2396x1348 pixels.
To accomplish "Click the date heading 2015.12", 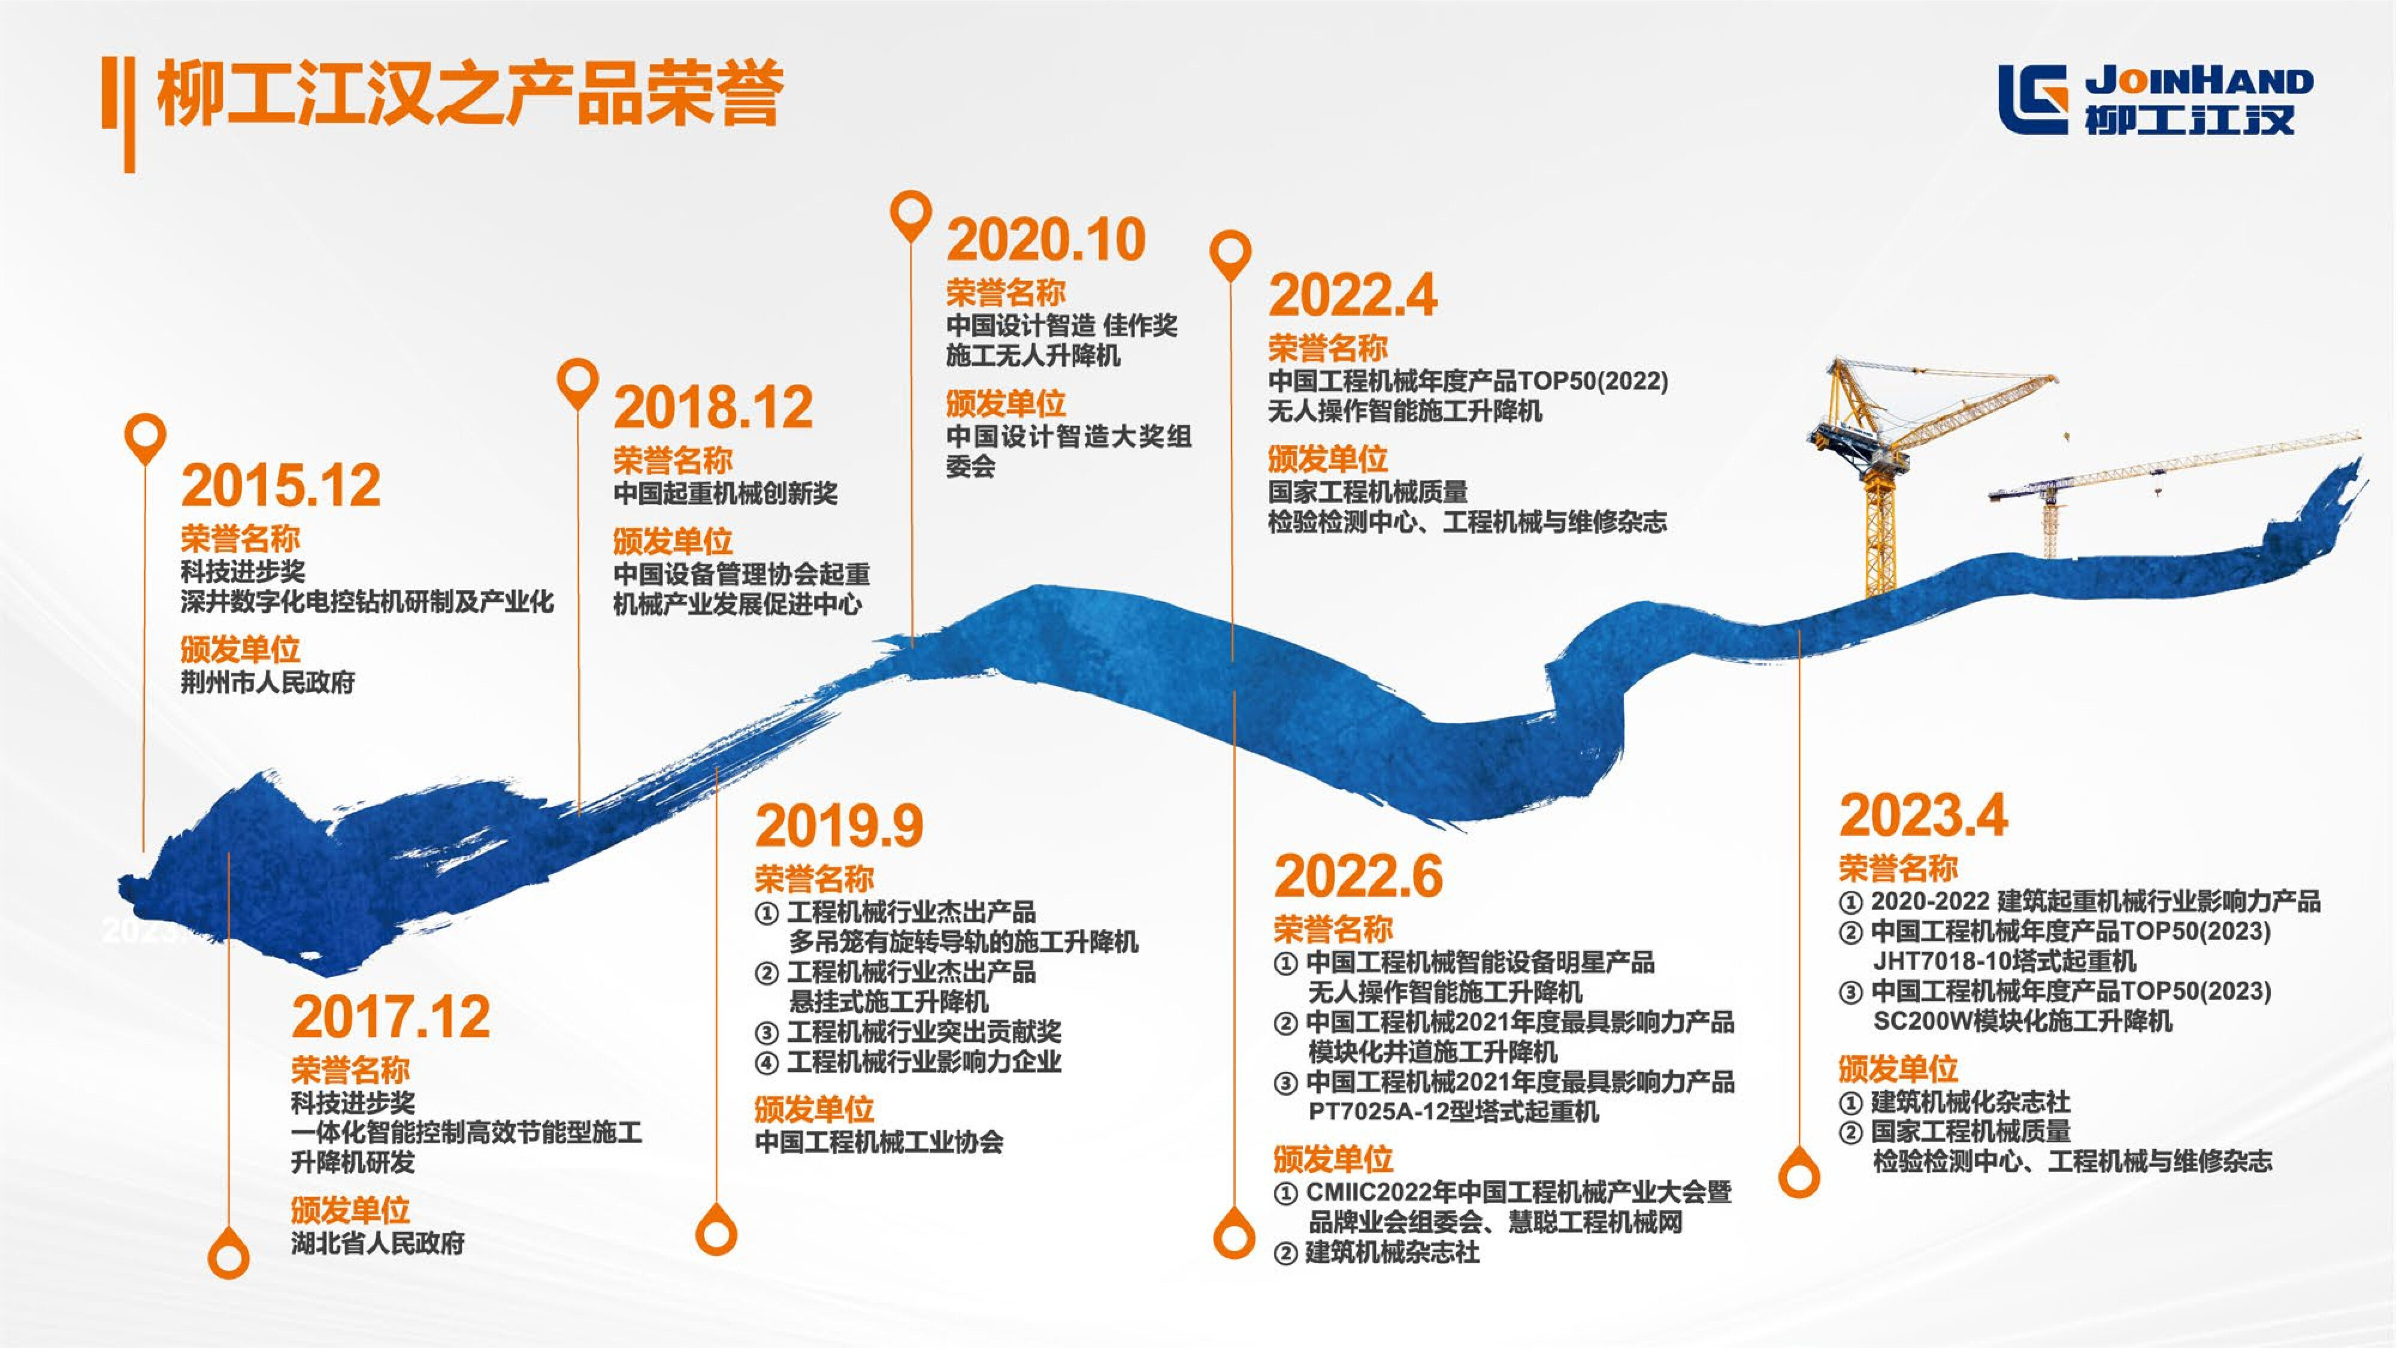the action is pos(281,486).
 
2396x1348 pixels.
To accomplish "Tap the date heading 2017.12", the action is pos(391,1017).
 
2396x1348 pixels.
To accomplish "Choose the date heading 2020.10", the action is pos(1046,240).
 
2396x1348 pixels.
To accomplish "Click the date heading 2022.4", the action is pos(1353,296).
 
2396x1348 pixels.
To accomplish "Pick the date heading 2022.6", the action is pos(1359,876).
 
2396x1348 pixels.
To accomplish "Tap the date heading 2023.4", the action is pos(1923,815).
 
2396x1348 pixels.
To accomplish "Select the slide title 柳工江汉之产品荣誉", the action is pos(470,93).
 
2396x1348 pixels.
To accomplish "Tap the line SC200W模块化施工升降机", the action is pos(2023,1021).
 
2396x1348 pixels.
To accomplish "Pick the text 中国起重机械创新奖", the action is pos(725,493).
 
